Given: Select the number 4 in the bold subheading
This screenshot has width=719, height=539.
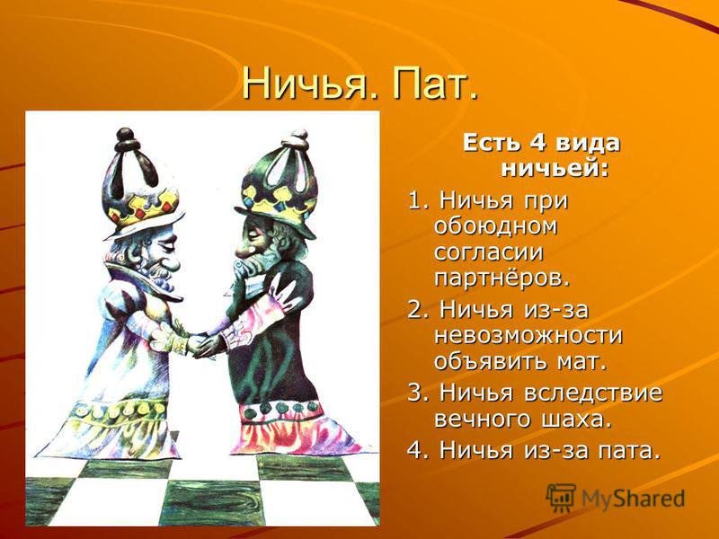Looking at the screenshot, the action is coord(538,143).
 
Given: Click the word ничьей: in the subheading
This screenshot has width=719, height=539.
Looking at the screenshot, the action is coord(555,168).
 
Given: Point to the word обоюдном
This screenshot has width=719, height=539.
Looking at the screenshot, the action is coord(495,227).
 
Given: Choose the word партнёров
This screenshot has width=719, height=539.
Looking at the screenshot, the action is coord(502,278).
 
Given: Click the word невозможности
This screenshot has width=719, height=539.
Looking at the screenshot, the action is coord(528,335).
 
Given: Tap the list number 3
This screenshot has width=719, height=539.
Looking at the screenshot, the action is coord(414,393).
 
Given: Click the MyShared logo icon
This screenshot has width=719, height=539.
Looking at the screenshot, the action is coord(560,498).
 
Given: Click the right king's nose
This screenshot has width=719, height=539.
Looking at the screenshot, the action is coord(243,251).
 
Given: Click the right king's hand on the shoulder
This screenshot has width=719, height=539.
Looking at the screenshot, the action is coord(284,294).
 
